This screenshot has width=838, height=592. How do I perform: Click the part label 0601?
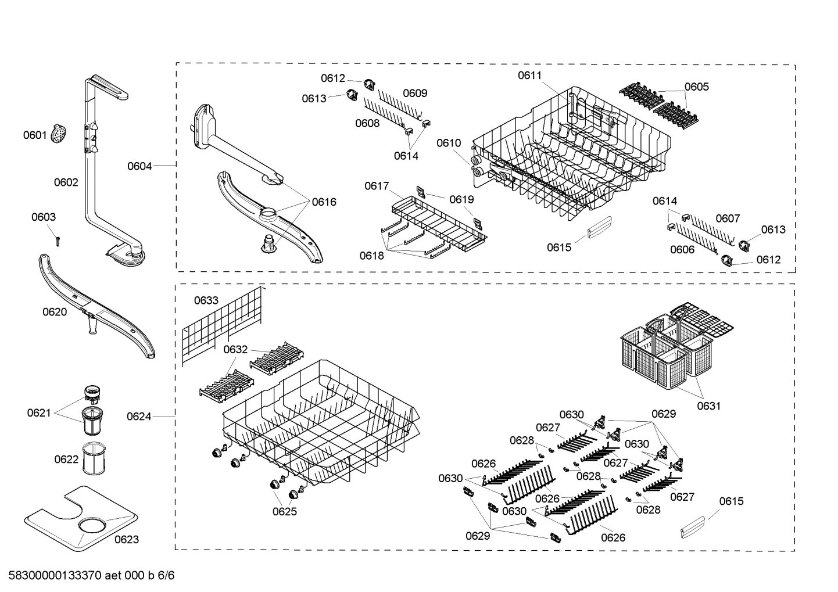[34, 135]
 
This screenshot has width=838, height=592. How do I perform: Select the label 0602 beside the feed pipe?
[66, 182]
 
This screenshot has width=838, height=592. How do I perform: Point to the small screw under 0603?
[58, 239]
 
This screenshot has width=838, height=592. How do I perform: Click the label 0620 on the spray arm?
[55, 312]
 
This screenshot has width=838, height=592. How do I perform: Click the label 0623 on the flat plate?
[126, 539]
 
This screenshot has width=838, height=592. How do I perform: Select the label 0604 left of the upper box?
[139, 166]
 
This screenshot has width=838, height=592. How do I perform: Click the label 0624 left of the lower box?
[139, 416]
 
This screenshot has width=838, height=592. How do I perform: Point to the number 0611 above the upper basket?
[529, 75]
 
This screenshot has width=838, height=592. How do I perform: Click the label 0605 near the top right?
[696, 87]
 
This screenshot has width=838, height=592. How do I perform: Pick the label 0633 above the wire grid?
[206, 300]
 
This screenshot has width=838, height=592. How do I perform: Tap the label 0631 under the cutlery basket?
[708, 406]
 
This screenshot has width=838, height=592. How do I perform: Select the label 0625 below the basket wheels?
[284, 511]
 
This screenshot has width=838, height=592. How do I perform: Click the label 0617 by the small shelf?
[377, 186]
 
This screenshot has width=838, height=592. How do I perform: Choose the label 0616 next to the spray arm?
[324, 202]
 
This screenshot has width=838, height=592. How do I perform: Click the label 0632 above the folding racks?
[235, 349]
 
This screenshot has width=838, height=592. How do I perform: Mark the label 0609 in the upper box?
[415, 93]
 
